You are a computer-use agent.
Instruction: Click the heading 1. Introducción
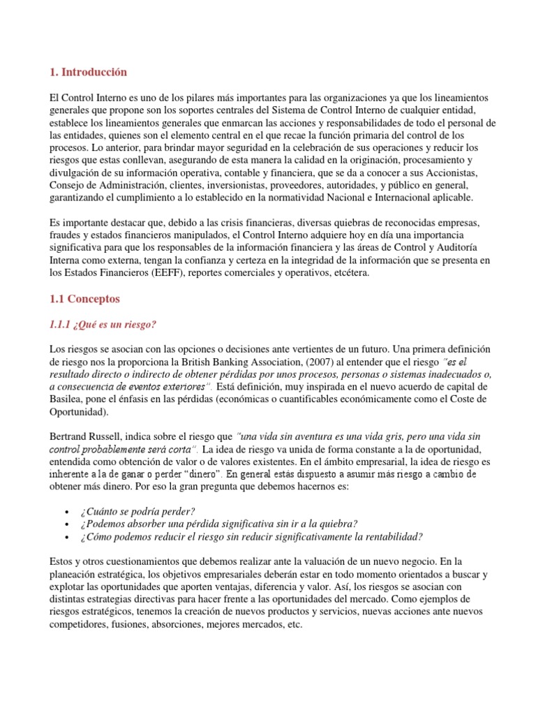[x=89, y=72]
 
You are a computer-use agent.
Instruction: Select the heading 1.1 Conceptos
[x=85, y=299]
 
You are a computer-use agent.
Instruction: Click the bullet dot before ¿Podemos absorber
[x=65, y=524]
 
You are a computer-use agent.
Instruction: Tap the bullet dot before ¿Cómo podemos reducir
[x=65, y=537]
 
